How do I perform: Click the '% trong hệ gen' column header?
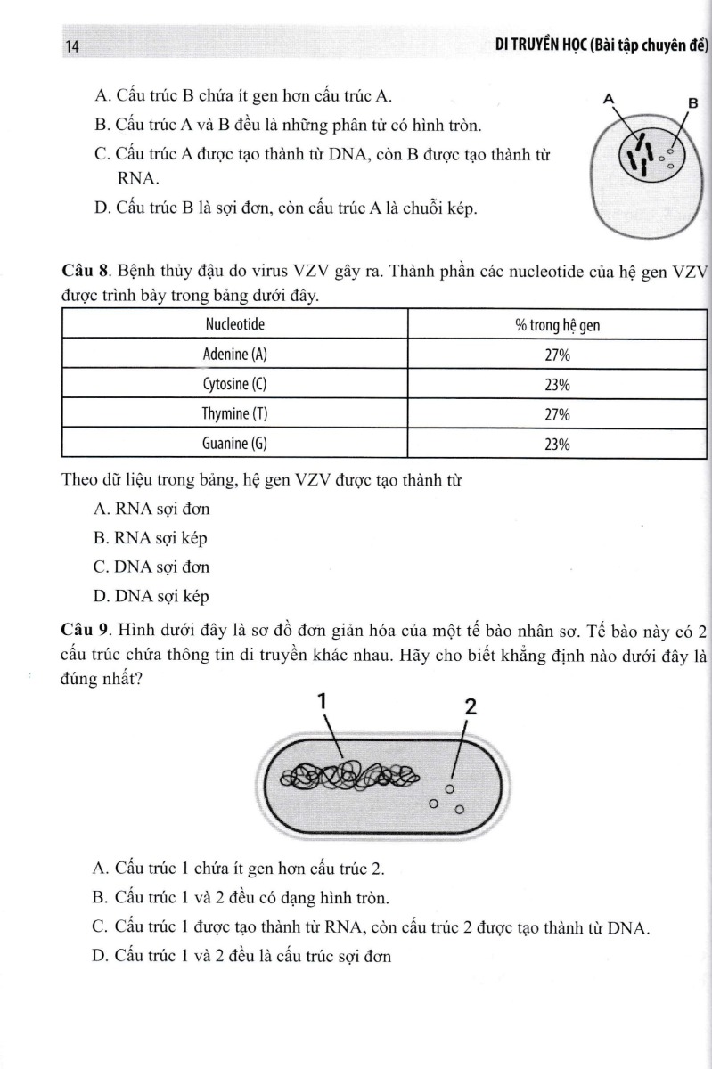pyautogui.click(x=557, y=325)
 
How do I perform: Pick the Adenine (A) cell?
pyautogui.click(x=235, y=355)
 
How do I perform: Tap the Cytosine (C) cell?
pyautogui.click(x=235, y=385)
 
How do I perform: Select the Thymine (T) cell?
pyautogui.click(x=235, y=415)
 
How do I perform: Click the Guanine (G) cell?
pyautogui.click(x=235, y=445)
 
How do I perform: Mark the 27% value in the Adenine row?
pyautogui.click(x=557, y=355)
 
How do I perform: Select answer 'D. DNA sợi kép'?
pyautogui.click(x=151, y=596)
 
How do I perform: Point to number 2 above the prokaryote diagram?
pyautogui.click(x=470, y=707)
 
